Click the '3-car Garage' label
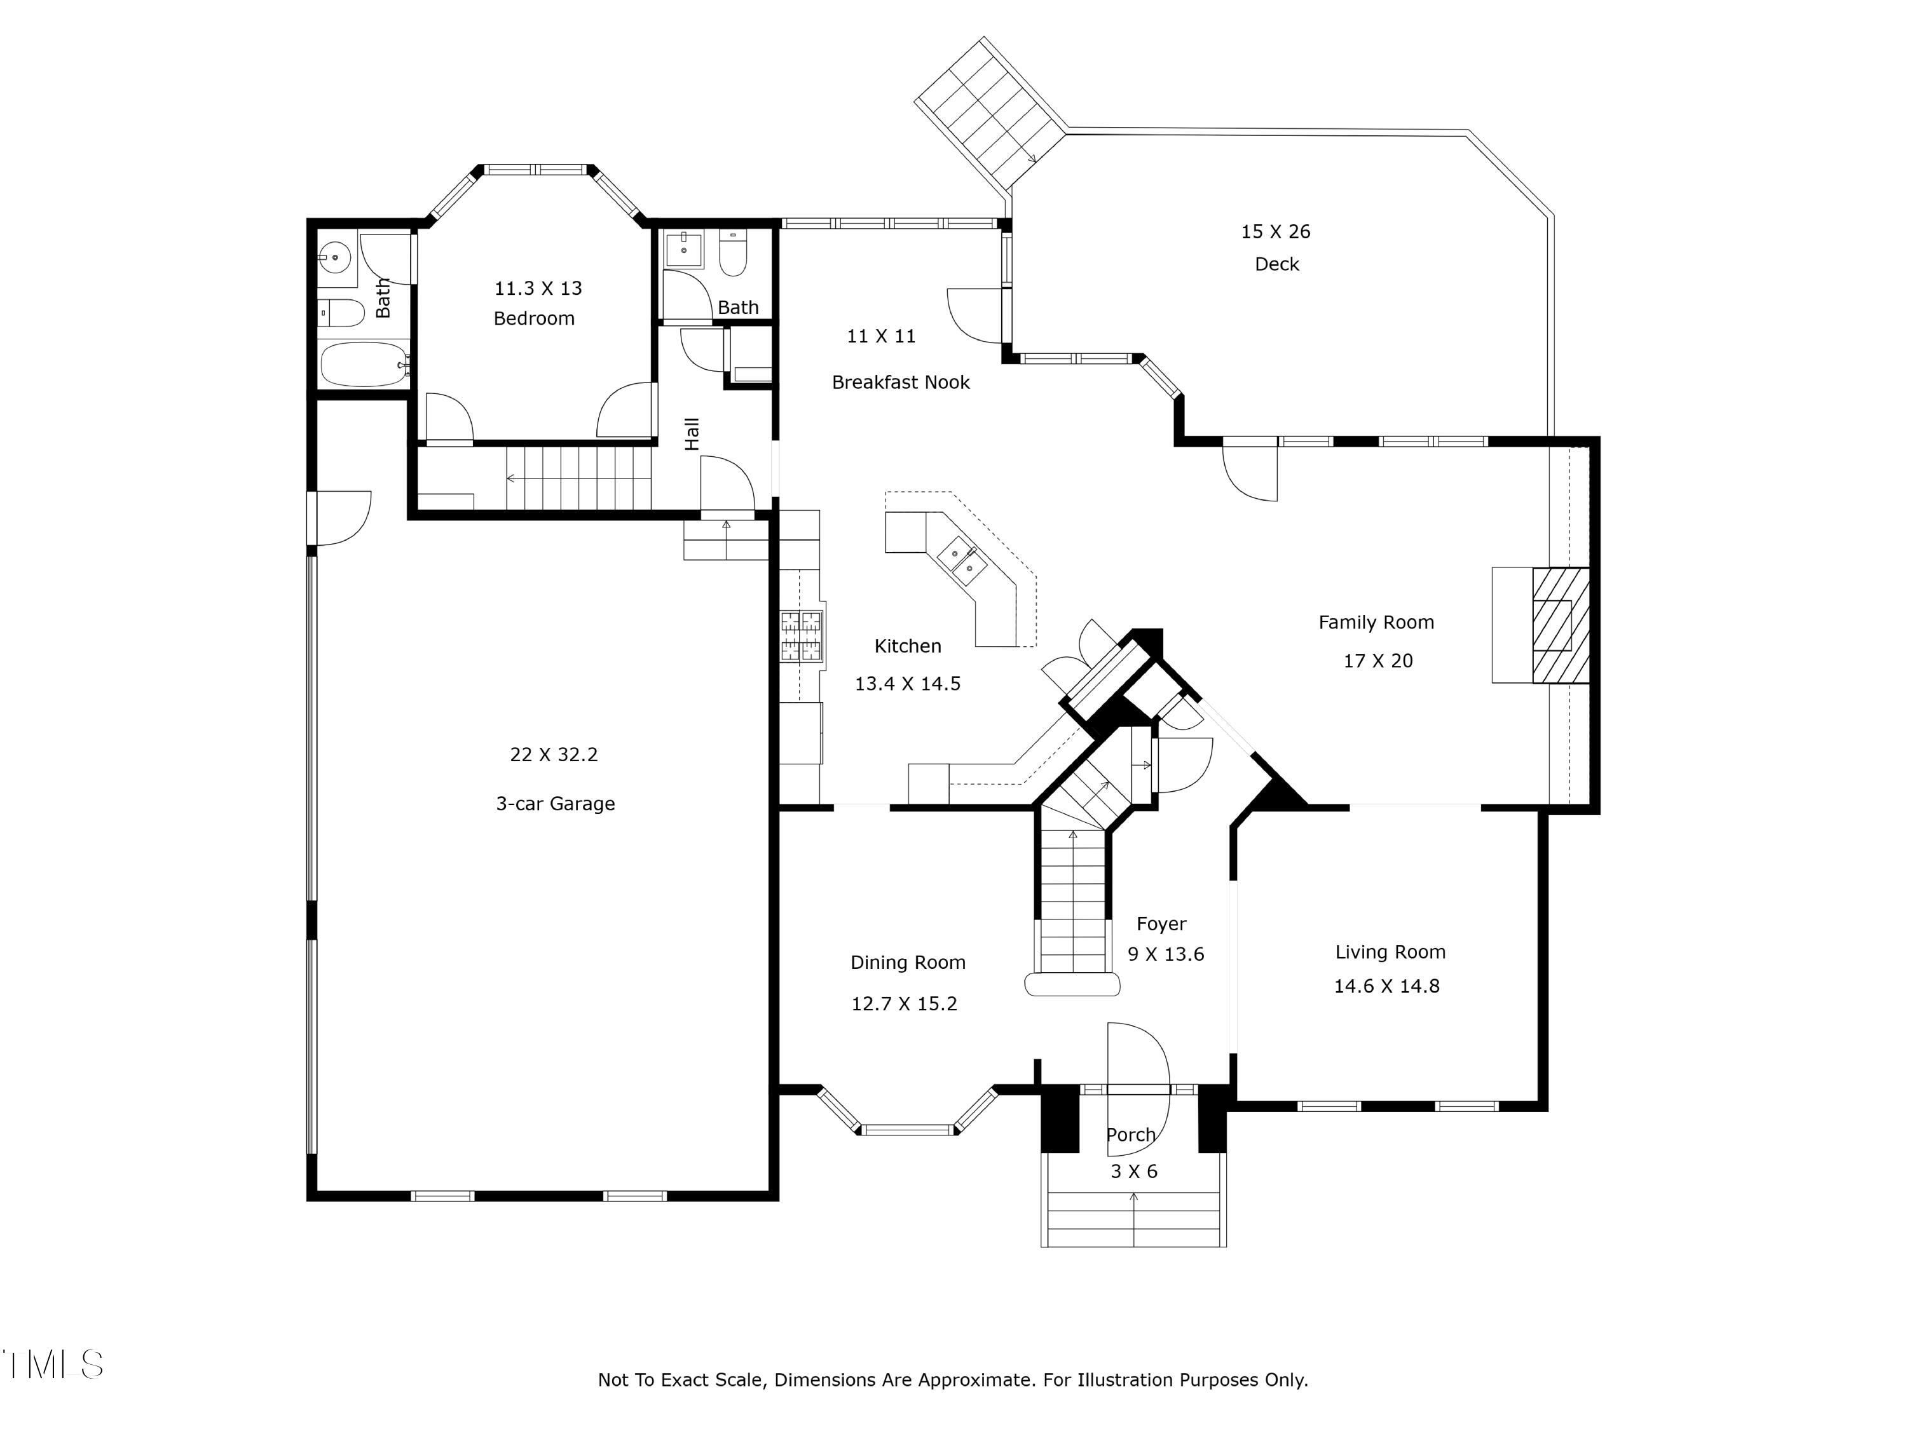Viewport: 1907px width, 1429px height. click(x=555, y=803)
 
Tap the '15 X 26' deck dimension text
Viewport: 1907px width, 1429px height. click(x=1275, y=231)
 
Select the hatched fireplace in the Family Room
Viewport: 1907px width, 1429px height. click(x=1559, y=625)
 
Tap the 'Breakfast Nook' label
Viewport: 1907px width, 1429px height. click(x=900, y=382)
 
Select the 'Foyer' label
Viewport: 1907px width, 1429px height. click(x=1160, y=924)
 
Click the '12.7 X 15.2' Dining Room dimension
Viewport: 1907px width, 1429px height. click(x=903, y=1003)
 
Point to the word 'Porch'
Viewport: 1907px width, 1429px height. click(x=1130, y=1135)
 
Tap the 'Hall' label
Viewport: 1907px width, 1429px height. click(x=692, y=433)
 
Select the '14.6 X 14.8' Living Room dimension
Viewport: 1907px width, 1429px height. click(x=1386, y=986)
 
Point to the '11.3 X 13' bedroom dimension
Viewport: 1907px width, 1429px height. click(x=538, y=288)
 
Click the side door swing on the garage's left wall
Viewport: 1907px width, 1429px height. click(x=341, y=517)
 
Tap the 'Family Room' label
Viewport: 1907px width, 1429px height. click(x=1376, y=622)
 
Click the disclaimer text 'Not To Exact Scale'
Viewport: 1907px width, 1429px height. click(x=680, y=1380)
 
